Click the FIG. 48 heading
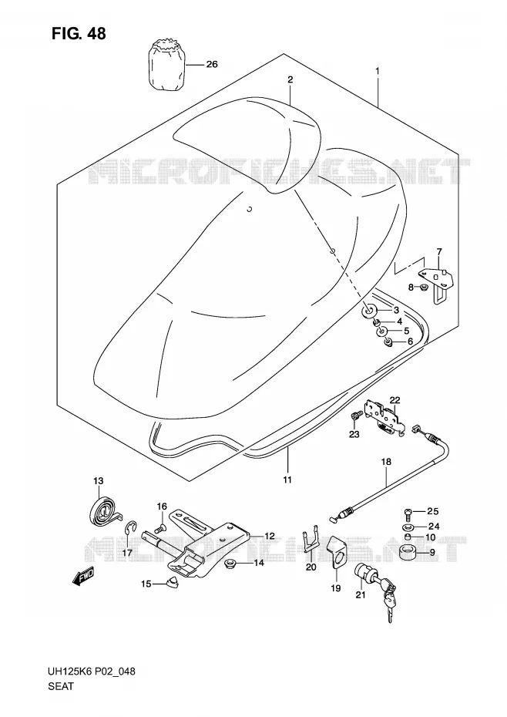click(x=78, y=33)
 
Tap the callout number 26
click(x=212, y=65)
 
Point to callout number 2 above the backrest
click(x=290, y=79)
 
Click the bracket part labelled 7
click(x=437, y=282)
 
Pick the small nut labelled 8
click(x=424, y=288)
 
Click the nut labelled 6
click(x=388, y=342)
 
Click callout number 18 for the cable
click(x=386, y=462)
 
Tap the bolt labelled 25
click(x=408, y=514)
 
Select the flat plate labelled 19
click(x=337, y=554)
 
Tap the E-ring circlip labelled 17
click(x=131, y=531)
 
